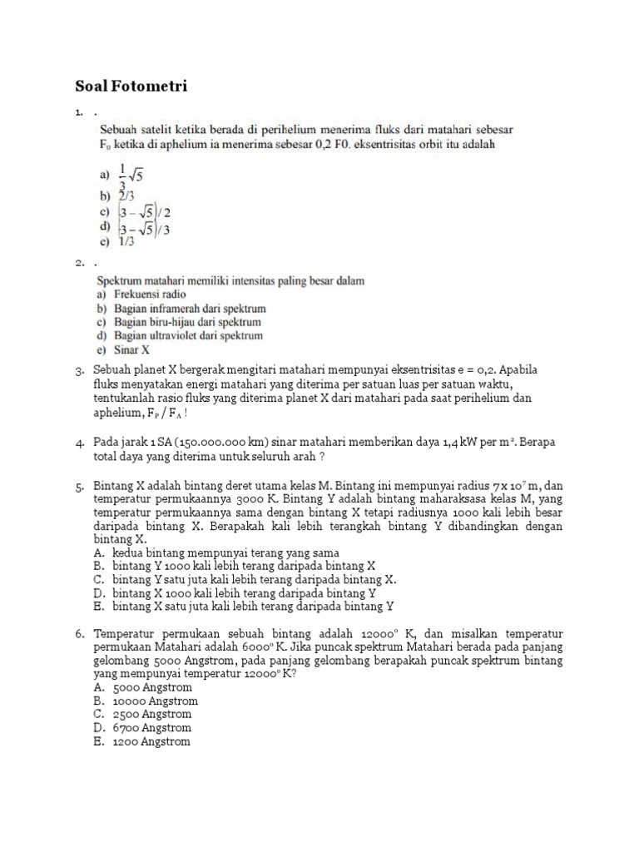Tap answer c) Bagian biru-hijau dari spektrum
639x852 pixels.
pyautogui.click(x=180, y=322)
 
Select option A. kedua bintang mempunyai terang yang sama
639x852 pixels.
pyautogui.click(x=215, y=552)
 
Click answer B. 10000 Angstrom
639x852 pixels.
pyautogui.click(x=145, y=701)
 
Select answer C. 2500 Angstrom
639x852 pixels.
pyautogui.click(x=142, y=714)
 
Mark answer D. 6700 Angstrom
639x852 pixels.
pyautogui.click(x=142, y=727)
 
